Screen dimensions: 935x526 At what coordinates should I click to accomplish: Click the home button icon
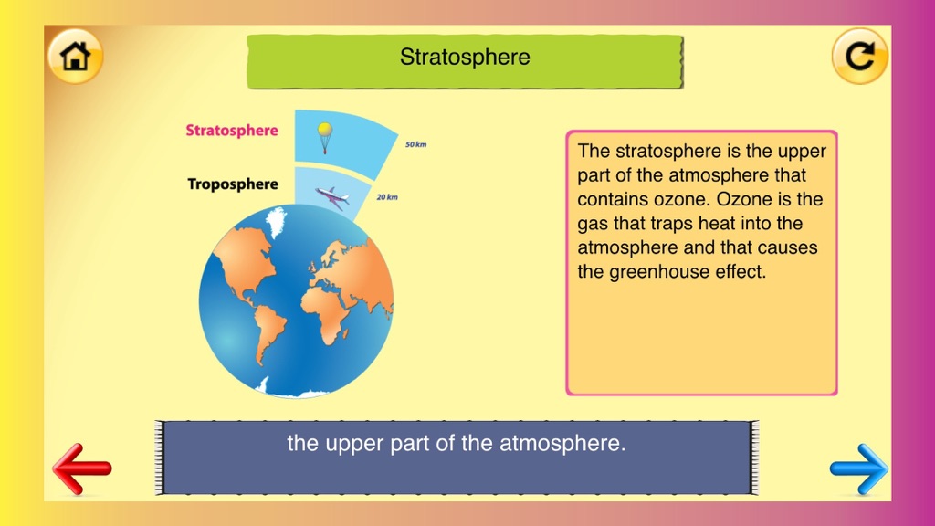(75, 56)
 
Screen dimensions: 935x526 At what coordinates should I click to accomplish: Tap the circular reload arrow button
(859, 56)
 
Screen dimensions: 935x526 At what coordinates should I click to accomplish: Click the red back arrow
(81, 468)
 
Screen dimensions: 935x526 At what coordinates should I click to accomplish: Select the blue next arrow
(858, 468)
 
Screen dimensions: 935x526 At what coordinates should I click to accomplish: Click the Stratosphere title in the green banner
(465, 58)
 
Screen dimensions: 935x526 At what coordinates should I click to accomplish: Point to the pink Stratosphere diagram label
(232, 130)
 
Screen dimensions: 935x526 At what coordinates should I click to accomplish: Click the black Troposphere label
(233, 184)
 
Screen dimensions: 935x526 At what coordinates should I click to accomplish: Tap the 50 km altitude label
(415, 144)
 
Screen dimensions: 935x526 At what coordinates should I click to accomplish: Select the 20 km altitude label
(387, 197)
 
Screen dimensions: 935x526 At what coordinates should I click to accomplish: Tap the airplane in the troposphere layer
(331, 197)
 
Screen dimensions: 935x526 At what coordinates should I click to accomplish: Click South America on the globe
(269, 331)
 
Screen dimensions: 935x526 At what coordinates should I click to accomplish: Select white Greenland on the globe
(276, 221)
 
